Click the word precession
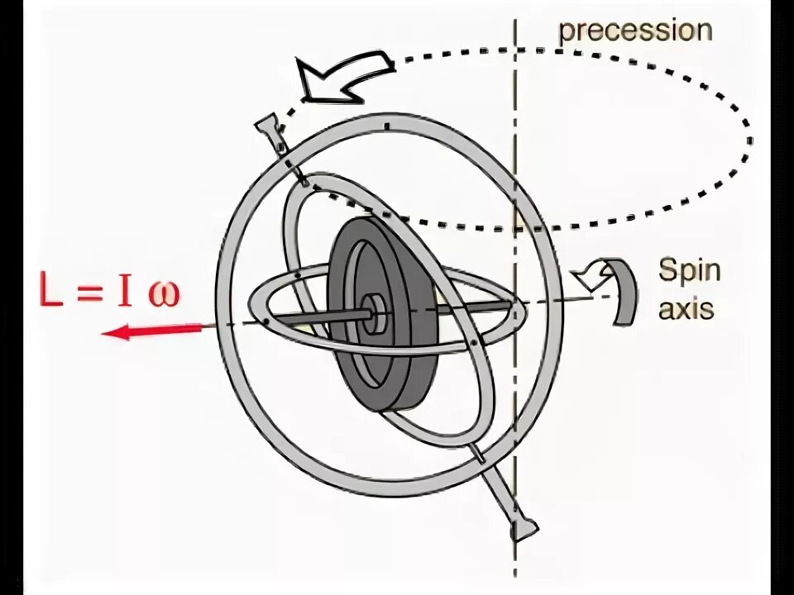tap(635, 31)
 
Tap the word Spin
tap(689, 270)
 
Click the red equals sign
tap(87, 294)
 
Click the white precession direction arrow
tap(343, 75)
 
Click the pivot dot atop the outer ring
tap(385, 126)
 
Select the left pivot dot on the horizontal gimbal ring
tap(265, 321)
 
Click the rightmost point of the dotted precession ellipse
tap(751, 140)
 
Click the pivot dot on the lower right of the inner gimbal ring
tap(471, 341)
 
